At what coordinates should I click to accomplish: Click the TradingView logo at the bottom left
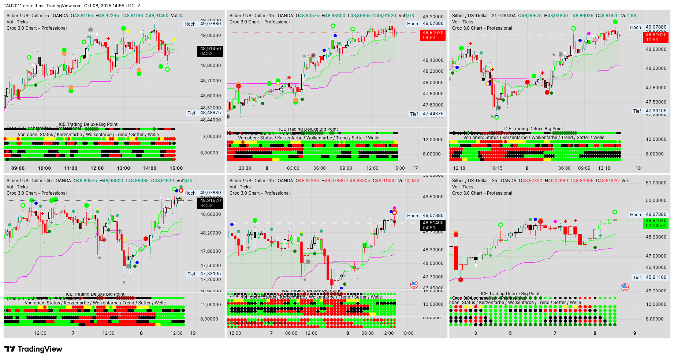33,349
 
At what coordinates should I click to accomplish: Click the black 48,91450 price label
211,49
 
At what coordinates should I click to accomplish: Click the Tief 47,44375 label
427,114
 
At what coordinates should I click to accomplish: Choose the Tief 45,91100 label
650,277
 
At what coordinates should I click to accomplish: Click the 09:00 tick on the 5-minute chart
18,168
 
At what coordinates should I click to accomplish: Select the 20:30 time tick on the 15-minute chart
245,168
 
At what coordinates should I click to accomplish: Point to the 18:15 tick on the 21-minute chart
496,168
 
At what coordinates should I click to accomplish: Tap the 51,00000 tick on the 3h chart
656,183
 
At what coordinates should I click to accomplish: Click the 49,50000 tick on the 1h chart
433,197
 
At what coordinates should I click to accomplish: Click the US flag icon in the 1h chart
414,284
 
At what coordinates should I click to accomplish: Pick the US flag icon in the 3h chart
625,287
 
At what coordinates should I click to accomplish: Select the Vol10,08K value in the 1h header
412,181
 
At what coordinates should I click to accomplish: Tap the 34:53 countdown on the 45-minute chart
206,206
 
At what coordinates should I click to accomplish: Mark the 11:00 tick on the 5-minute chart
71,168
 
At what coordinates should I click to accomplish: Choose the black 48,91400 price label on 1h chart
433,223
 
